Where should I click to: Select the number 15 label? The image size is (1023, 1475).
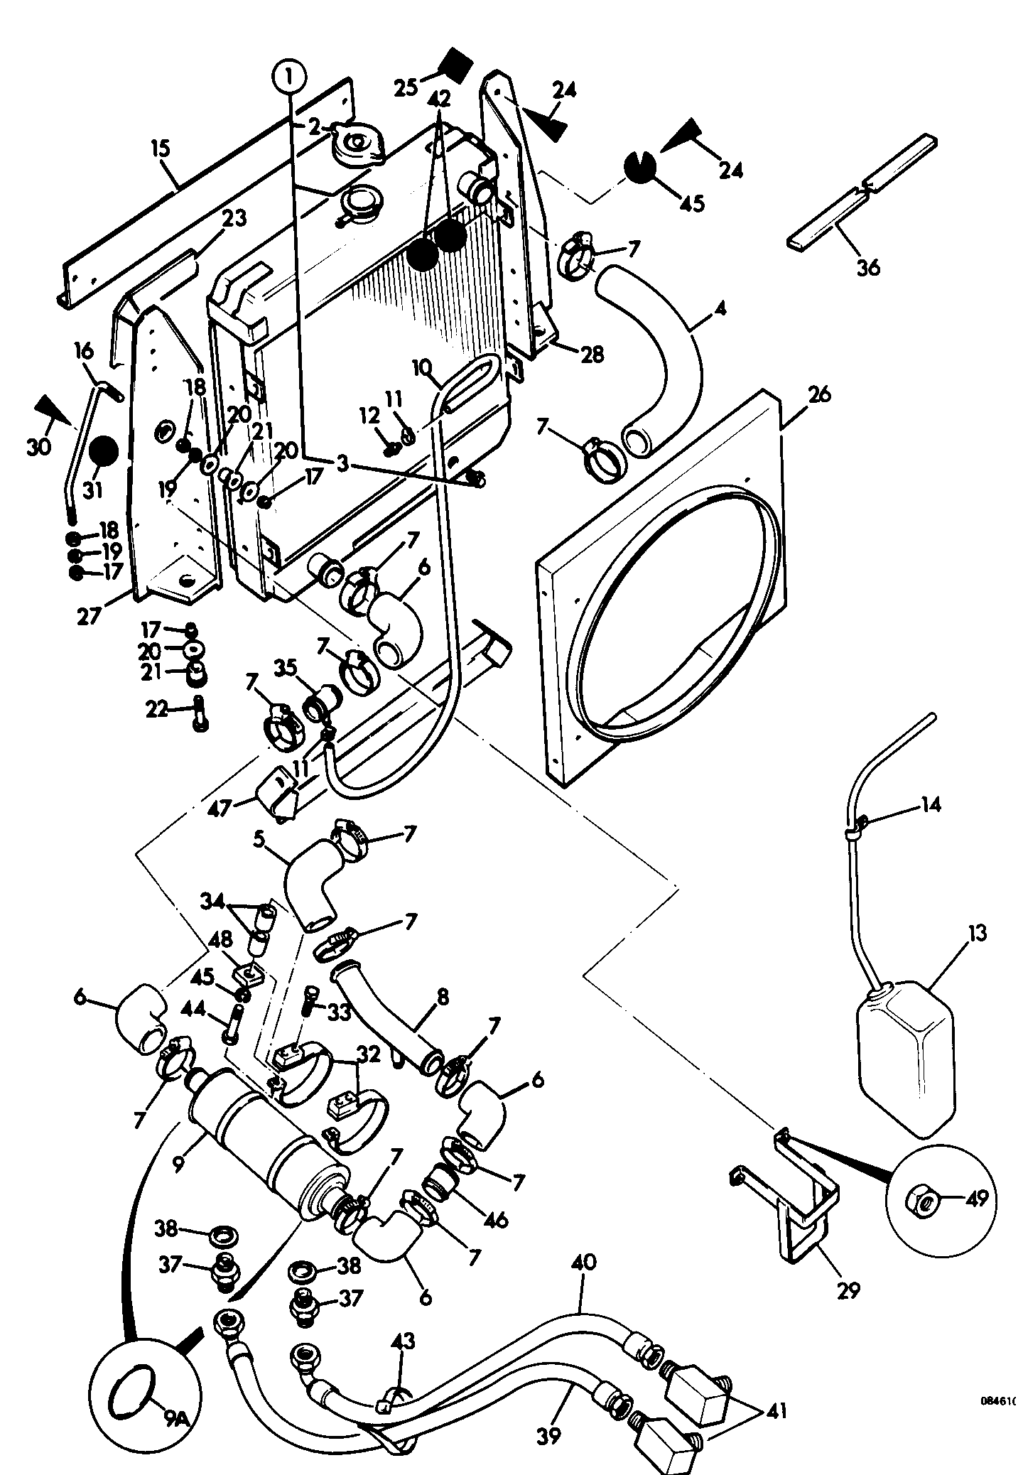(161, 150)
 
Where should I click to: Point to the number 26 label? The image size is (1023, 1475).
(819, 394)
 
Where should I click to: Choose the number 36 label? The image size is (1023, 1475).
(868, 267)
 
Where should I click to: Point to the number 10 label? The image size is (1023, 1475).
(421, 369)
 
